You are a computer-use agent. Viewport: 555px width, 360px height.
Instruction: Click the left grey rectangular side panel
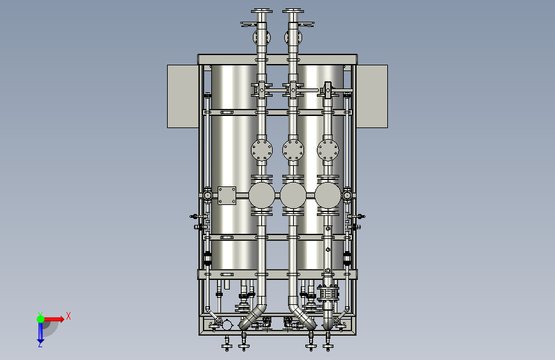(x=182, y=96)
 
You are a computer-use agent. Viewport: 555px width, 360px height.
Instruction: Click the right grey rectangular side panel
(x=372, y=96)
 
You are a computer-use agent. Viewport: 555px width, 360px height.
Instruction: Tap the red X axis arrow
(x=54, y=319)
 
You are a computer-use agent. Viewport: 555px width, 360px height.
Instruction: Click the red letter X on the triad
(x=68, y=316)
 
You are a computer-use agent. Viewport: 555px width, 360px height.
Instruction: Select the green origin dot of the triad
(x=40, y=319)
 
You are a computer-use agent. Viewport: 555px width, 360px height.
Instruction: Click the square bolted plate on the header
(x=227, y=195)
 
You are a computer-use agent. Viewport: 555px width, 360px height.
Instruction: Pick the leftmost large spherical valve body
(x=262, y=195)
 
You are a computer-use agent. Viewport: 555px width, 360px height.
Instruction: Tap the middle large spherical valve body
(x=293, y=195)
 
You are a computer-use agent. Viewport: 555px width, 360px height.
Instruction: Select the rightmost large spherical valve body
(x=328, y=195)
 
